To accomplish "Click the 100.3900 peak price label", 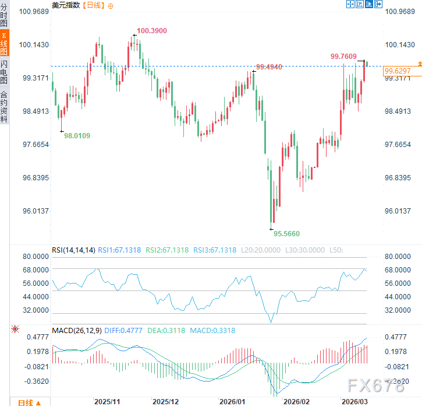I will (x=152, y=30).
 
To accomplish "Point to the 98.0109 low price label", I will (x=77, y=135).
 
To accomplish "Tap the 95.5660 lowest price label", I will (x=287, y=233).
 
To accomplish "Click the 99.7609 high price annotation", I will (x=343, y=57).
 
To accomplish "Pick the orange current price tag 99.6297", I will (x=398, y=71).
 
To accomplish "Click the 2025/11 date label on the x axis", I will (x=107, y=401).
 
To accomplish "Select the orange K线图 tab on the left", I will (x=5, y=44).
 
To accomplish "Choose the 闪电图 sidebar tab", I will (x=5, y=73).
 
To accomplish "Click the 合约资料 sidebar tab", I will (x=5, y=106).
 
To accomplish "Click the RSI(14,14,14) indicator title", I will (x=73, y=250).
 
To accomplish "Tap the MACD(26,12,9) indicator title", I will (x=77, y=331).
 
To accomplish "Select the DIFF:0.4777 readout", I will (x=123, y=331).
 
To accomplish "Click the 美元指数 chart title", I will (x=66, y=5).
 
